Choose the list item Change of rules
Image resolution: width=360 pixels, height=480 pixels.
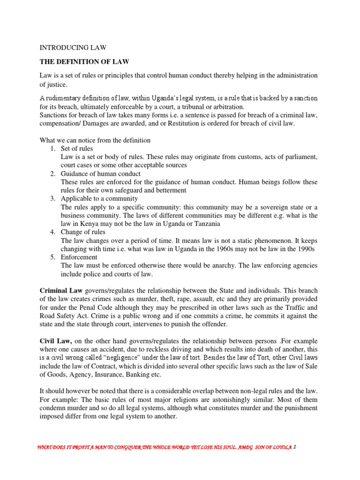pyautogui.click(x=83, y=232)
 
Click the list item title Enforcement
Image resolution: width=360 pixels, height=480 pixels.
pyautogui.click(x=79, y=257)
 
